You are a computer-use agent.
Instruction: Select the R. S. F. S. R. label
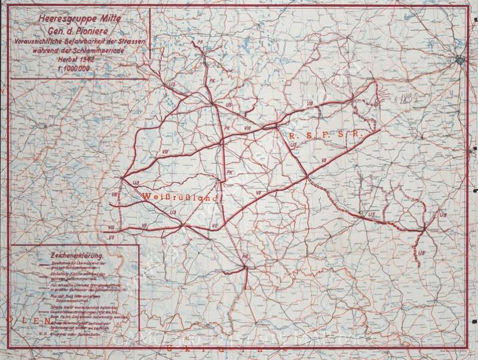point(322,135)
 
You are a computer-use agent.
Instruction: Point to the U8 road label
point(442,214)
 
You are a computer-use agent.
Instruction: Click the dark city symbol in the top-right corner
point(460,59)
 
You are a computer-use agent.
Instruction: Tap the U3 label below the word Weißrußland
point(173,212)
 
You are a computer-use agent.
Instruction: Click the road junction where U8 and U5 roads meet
point(424,229)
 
